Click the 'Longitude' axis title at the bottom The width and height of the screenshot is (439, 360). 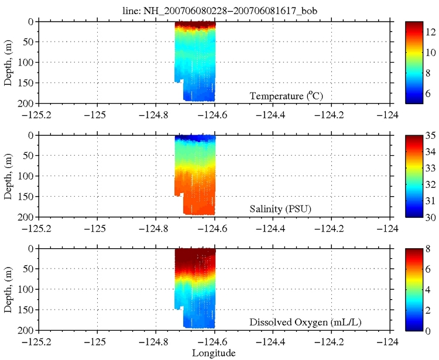(x=214, y=353)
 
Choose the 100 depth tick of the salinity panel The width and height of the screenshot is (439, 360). (x=29, y=176)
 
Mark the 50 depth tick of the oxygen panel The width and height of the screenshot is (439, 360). (x=30, y=269)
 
